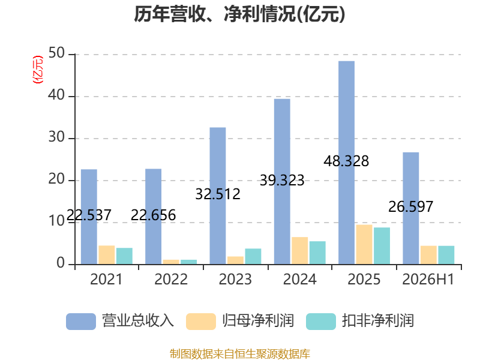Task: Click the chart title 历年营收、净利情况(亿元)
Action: pos(239,14)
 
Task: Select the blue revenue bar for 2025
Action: pos(347,163)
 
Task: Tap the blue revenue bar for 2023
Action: pos(218,196)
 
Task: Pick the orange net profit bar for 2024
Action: pos(299,251)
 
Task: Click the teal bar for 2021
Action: pos(124,256)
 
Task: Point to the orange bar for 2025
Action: pos(364,245)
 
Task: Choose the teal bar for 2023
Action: pos(253,256)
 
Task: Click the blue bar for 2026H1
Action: pos(411,208)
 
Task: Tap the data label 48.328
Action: pos(346,161)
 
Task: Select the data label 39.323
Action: pos(282,180)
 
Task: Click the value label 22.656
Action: pos(153,215)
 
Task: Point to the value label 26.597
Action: pos(411,206)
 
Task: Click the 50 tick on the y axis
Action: pos(56,53)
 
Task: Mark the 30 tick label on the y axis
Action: pos(56,137)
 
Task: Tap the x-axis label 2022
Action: pos(171,279)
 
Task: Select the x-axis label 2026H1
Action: pos(428,279)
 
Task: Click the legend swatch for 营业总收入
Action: pos(81,322)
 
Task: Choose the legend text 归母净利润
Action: pos(258,321)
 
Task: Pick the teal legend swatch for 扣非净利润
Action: pos(321,322)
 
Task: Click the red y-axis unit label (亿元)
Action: pos(38,70)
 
